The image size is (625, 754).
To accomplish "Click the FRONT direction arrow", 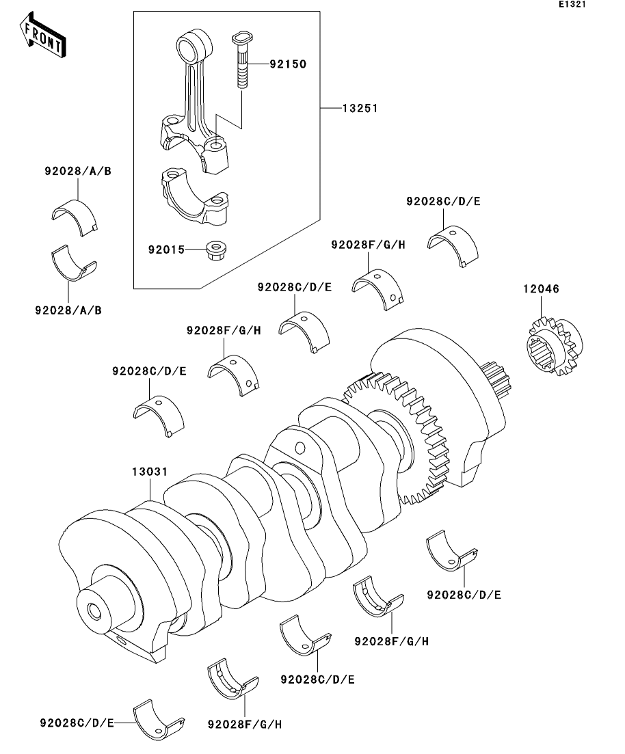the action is click(42, 36).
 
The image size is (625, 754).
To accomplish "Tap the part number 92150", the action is click(288, 64).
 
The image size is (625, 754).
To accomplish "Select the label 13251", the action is click(360, 108).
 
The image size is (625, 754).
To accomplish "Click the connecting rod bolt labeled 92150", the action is click(243, 59).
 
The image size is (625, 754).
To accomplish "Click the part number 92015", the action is click(166, 250).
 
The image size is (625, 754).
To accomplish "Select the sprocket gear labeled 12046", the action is click(553, 346).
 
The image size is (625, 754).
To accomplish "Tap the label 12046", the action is click(542, 289).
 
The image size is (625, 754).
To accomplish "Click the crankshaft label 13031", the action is click(150, 472).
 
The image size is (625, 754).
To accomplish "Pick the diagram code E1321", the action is click(572, 4).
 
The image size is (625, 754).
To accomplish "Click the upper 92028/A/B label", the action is click(78, 171).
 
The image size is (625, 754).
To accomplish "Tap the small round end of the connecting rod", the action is click(194, 45).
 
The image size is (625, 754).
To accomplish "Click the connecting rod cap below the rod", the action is click(195, 196).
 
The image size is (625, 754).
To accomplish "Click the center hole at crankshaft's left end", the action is click(94, 611).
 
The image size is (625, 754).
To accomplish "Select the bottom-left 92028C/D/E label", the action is click(77, 723).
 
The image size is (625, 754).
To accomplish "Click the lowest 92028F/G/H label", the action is click(245, 724).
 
